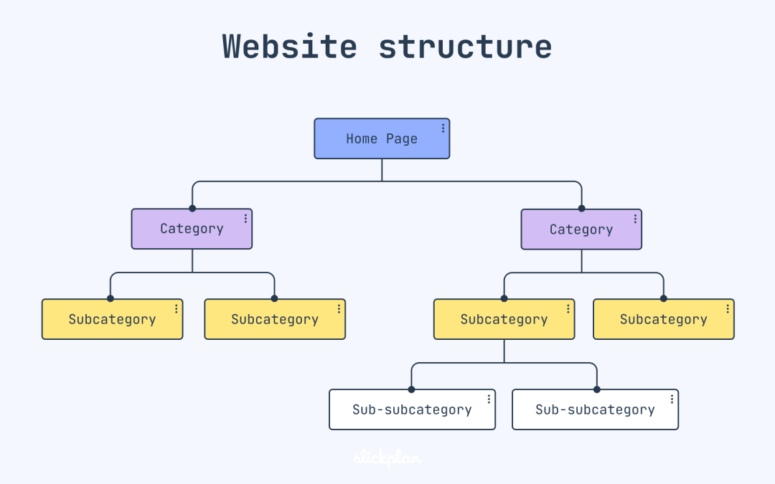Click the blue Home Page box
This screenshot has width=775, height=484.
pos(382,138)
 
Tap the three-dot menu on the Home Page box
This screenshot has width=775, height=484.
pos(443,128)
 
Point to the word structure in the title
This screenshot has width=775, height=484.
pos(465,47)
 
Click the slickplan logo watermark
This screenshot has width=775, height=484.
pos(387,458)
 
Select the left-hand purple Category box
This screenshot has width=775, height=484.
pos(192,229)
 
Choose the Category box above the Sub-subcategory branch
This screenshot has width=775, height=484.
pos(581,229)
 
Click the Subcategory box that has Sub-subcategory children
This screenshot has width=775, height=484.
pos(504,319)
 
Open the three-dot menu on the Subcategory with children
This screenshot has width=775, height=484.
pos(568,309)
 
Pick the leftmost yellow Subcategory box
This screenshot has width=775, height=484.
pos(112,319)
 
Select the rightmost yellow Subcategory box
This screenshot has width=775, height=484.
pos(663,319)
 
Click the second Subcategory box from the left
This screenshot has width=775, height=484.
pos(275,319)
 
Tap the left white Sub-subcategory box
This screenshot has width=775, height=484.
pos(412,409)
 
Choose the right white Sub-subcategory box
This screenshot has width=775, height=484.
pos(595,409)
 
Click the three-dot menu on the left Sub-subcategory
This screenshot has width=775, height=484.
pos(489,399)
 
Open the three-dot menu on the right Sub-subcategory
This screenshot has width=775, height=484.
pos(672,399)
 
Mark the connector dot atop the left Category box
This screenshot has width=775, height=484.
pos(192,209)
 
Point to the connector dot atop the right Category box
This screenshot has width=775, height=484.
pos(581,209)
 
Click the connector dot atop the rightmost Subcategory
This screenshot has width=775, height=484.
pos(663,298)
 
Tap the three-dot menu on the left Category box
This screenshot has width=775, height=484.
pos(245,218)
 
